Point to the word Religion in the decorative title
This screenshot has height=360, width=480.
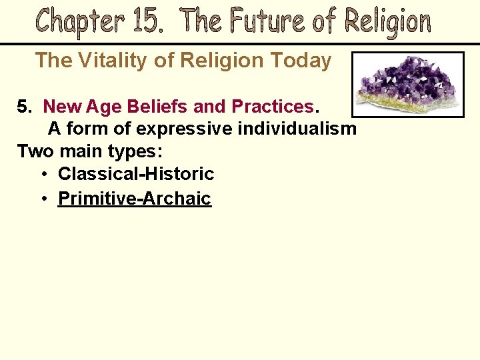(387, 23)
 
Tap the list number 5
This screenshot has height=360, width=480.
(24, 106)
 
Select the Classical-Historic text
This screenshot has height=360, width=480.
(136, 175)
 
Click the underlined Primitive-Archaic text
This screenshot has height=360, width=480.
(135, 198)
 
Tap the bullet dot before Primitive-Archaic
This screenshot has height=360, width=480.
(44, 199)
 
